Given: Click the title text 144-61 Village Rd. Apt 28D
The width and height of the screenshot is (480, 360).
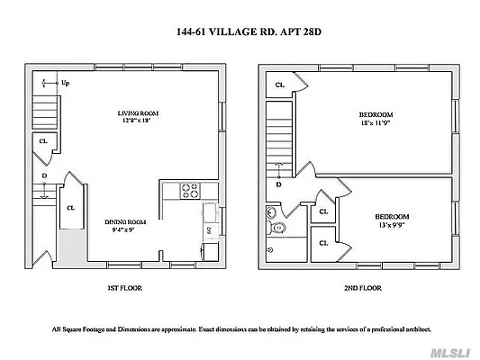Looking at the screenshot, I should click(240, 31).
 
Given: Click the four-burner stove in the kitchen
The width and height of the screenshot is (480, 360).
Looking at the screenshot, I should click(190, 190).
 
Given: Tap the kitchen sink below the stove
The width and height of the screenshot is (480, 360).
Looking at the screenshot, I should click(207, 212).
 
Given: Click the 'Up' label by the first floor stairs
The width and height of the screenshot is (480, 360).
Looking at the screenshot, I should click(65, 84).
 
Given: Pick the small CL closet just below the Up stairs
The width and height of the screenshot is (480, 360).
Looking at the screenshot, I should click(42, 141).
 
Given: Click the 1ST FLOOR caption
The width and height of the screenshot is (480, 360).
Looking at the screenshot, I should click(123, 288).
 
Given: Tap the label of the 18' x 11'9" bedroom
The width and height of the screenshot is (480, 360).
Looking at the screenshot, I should click(376, 114).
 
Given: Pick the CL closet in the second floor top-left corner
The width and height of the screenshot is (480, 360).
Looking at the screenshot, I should click(280, 85).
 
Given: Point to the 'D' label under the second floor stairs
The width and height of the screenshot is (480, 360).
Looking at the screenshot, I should click(278, 184).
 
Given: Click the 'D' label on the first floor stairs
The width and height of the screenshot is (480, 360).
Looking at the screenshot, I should click(43, 176).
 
